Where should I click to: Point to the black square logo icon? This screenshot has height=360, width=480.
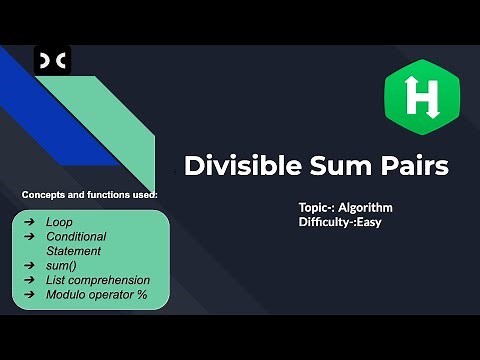pos(51,62)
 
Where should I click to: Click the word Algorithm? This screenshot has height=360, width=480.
pos(366,207)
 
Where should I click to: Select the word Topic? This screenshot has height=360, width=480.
pos(314,207)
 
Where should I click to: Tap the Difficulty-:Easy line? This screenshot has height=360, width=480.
pos(340,222)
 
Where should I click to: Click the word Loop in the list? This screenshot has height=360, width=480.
pos(60,221)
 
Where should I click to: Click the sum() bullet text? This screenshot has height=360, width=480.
pos(62,266)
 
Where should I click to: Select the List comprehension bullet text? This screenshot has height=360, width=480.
pos(98,281)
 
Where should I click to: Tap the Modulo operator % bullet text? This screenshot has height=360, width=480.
pos(96,296)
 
